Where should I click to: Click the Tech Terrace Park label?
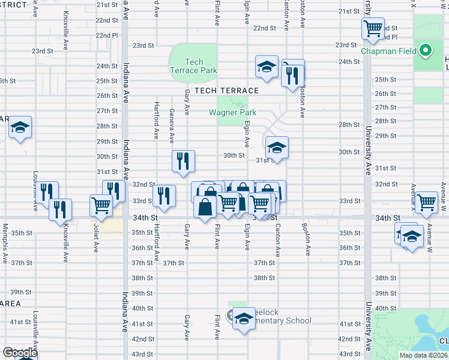click(x=193, y=66)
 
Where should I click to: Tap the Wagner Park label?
click(x=232, y=112)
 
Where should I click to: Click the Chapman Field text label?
click(x=388, y=51)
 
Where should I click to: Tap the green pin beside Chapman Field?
click(x=426, y=50)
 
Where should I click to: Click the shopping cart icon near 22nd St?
click(x=373, y=28)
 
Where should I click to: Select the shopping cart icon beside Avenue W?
click(x=426, y=202)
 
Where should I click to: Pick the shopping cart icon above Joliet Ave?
click(x=100, y=205)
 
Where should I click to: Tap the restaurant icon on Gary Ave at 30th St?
click(x=183, y=160)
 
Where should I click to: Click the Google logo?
click(x=19, y=353)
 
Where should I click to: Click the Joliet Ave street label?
click(x=95, y=238)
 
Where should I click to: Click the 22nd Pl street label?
click(x=106, y=35)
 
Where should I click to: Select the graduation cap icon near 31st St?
click(x=277, y=146)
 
